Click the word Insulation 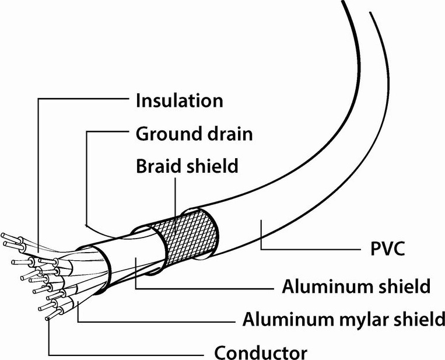[180, 100]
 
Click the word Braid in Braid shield [158, 166]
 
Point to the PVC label [388, 249]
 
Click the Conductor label [261, 352]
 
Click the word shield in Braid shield [212, 166]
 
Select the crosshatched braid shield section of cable [187, 236]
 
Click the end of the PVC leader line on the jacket [261, 221]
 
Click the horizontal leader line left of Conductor [126, 355]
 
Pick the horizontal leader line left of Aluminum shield [205, 289]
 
